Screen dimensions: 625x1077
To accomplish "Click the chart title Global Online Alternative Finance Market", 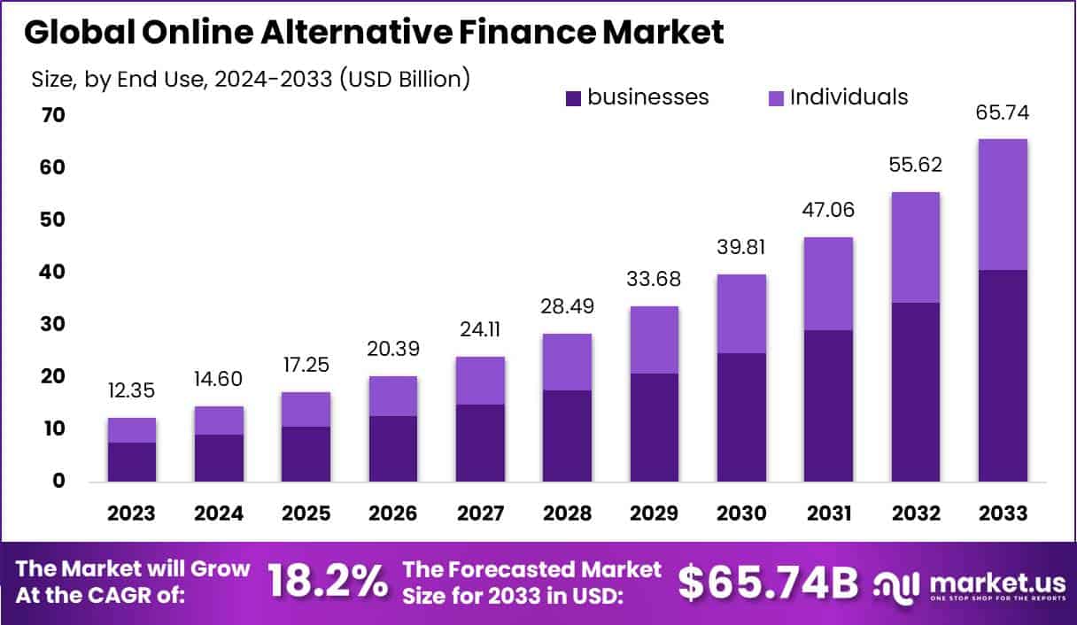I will click(x=374, y=33).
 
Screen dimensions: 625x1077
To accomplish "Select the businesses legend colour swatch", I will click(x=573, y=97).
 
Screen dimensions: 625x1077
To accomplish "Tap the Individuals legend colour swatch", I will click(x=776, y=97).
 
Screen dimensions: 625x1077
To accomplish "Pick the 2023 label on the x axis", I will click(x=131, y=514).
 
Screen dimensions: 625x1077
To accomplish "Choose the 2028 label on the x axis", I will click(x=567, y=514).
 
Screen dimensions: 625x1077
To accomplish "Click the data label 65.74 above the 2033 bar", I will click(x=1003, y=112).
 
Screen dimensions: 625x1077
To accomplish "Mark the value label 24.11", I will click(x=480, y=330).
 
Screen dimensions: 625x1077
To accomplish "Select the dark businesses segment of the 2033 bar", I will click(x=1003, y=375).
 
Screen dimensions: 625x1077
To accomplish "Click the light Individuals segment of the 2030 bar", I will click(x=741, y=313).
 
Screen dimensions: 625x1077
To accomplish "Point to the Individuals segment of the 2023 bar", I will click(x=131, y=430).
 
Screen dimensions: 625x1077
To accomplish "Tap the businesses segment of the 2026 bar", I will click(x=393, y=449).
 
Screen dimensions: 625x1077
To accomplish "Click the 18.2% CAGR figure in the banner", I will click(x=327, y=582).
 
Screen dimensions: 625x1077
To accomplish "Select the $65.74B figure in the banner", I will click(x=768, y=582).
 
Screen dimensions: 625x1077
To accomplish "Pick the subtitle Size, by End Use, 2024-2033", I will click(x=250, y=79).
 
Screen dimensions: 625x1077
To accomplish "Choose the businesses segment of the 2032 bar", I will click(x=916, y=392).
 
